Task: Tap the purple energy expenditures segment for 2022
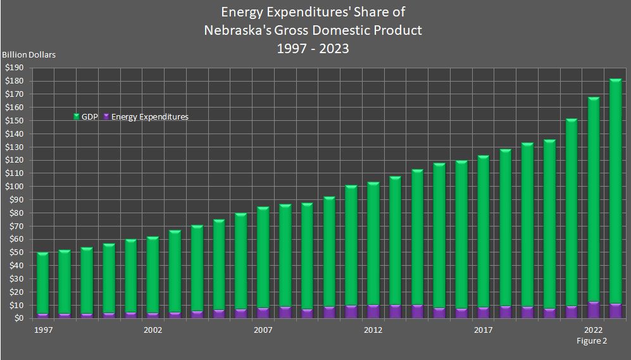[593, 310]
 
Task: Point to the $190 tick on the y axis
[13, 68]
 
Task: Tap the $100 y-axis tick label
[13, 187]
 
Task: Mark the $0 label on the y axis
[17, 318]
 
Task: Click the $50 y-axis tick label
[15, 252]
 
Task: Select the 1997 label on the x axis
[42, 330]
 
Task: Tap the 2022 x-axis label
[593, 330]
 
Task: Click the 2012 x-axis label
[373, 330]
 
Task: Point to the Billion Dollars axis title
[29, 54]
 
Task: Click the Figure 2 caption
[592, 341]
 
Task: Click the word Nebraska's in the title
[240, 30]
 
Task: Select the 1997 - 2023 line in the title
[313, 48]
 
